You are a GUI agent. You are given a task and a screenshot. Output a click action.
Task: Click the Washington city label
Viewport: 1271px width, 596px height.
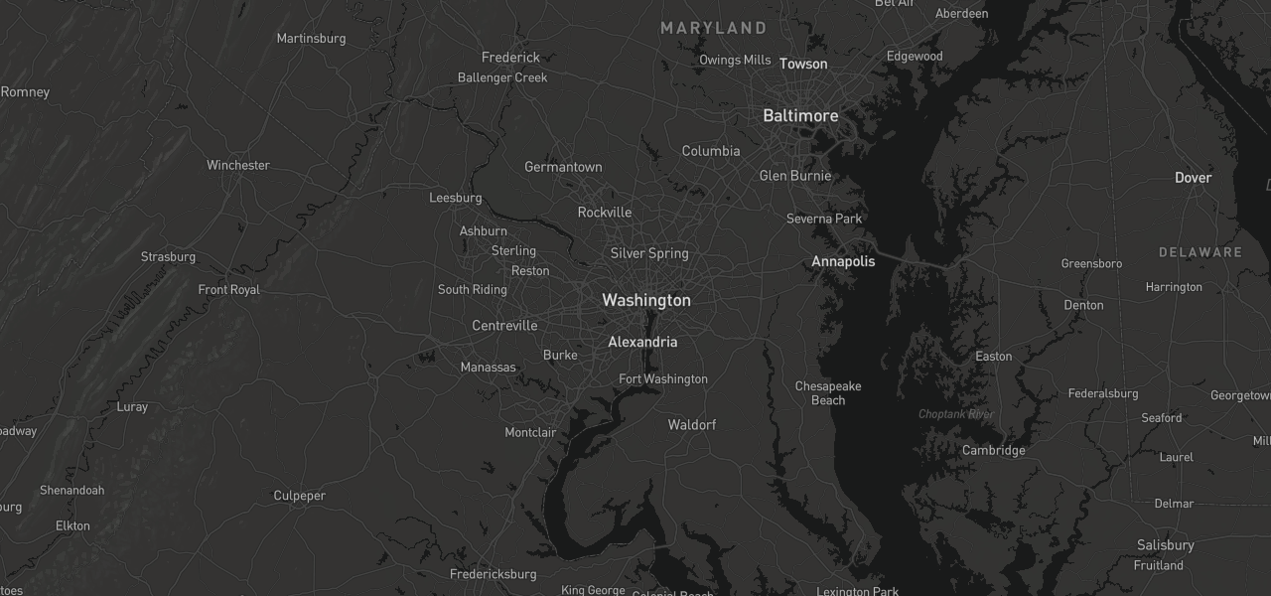(x=646, y=300)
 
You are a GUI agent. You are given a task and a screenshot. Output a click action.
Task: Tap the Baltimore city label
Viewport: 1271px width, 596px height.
(x=800, y=116)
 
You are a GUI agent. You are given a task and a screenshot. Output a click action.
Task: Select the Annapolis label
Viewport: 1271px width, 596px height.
(x=843, y=261)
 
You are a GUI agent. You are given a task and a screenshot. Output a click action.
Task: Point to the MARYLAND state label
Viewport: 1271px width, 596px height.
(x=714, y=28)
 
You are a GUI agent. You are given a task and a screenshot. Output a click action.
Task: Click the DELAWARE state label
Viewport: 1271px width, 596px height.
(x=1200, y=252)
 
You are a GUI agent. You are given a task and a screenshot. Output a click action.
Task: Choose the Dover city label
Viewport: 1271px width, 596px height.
(x=1193, y=178)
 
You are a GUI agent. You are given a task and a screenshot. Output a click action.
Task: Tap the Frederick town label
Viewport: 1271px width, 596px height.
(x=510, y=58)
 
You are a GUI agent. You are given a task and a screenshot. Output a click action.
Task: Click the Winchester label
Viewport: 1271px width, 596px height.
(x=238, y=165)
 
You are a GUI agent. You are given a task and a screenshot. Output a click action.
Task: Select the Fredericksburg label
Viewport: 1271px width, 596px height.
(x=493, y=574)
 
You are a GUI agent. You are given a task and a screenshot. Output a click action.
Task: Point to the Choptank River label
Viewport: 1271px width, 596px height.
(x=955, y=414)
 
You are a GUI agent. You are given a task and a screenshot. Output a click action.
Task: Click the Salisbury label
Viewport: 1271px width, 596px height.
(x=1166, y=545)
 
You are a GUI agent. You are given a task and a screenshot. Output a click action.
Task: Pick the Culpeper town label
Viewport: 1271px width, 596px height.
(x=300, y=496)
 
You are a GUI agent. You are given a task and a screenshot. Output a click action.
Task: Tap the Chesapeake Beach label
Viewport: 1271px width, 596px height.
(x=828, y=393)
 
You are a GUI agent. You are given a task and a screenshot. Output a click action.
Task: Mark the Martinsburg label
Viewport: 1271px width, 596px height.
(x=311, y=39)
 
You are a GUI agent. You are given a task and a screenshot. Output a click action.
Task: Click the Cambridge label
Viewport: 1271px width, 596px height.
(x=993, y=450)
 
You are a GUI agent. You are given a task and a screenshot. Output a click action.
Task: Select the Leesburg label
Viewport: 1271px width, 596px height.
(x=455, y=198)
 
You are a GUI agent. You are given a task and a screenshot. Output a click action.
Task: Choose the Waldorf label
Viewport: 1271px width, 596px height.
(x=691, y=425)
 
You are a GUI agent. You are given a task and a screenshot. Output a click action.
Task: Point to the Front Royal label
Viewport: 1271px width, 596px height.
(x=229, y=290)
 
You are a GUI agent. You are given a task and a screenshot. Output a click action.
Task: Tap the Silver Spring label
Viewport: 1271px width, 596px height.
(x=649, y=253)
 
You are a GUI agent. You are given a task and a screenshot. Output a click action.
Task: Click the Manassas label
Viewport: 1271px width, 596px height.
(x=489, y=368)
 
